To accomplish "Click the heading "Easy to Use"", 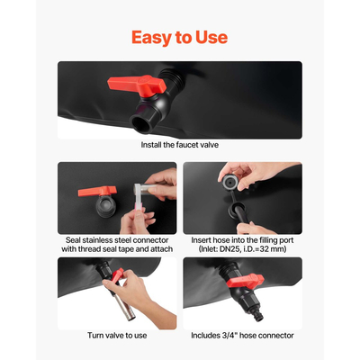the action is pyautogui.click(x=179, y=38).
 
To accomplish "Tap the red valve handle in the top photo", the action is pyautogui.click(x=137, y=85).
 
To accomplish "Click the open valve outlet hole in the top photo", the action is pyautogui.click(x=139, y=123).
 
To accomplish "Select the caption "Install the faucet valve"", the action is pyautogui.click(x=180, y=145).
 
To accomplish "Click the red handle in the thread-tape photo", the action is pyautogui.click(x=97, y=191).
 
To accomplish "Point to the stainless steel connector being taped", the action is pyautogui.click(x=144, y=190).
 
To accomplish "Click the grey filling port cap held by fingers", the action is pyautogui.click(x=229, y=182).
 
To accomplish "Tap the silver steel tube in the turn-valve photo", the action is pyautogui.click(x=124, y=304).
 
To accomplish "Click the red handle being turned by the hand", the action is pyautogui.click(x=117, y=274).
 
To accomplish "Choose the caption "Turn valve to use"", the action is pyautogui.click(x=117, y=336).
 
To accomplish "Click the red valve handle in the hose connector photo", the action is pyautogui.click(x=245, y=281).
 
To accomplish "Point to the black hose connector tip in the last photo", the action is pyautogui.click(x=257, y=316).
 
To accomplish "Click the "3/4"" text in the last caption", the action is pyautogui.click(x=230, y=336).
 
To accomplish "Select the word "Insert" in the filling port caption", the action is pyautogui.click(x=201, y=240).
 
